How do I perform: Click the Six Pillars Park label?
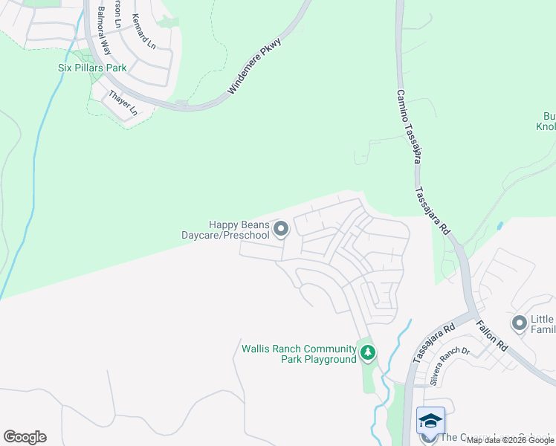tap(92, 68)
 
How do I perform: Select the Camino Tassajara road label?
tap(410, 126)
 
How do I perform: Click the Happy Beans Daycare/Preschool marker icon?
tap(281, 229)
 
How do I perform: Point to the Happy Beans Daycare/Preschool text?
tap(226, 230)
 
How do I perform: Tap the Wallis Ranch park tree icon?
tap(367, 352)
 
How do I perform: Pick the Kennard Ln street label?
tap(144, 32)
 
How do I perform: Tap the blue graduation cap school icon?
tap(430, 421)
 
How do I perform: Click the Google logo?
tap(25, 437)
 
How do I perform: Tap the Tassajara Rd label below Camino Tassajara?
tap(433, 211)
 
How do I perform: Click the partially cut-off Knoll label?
tap(546, 126)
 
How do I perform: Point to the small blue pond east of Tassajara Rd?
tap(500, 224)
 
